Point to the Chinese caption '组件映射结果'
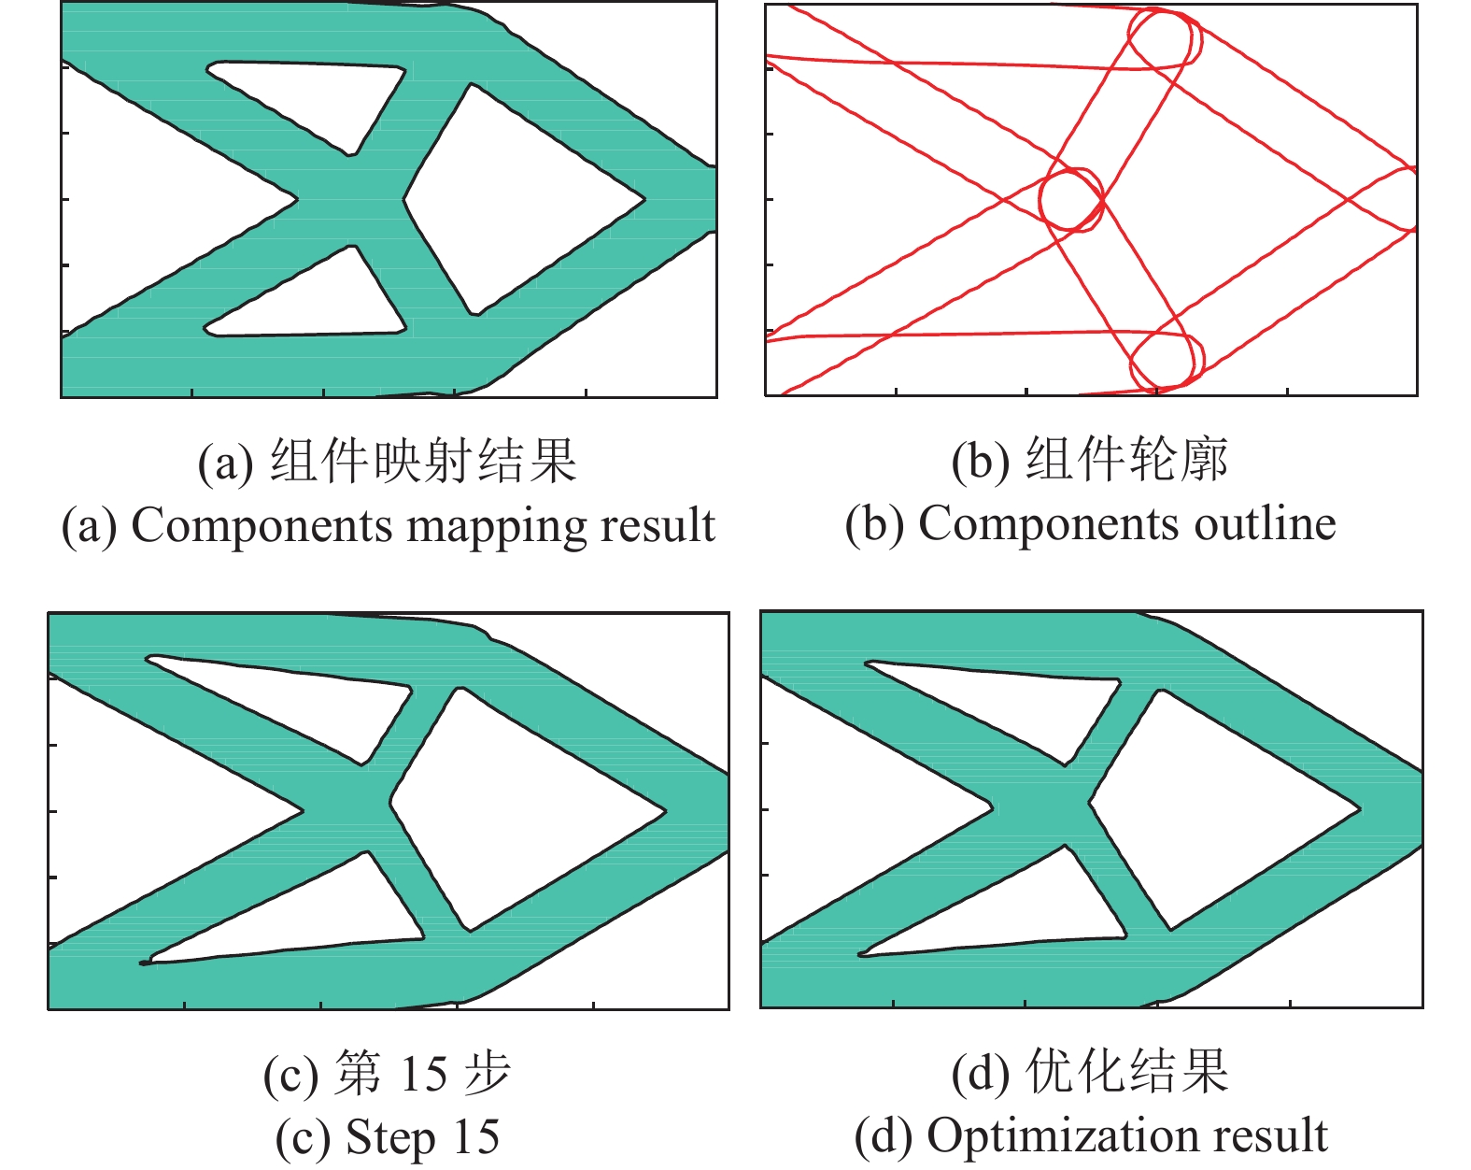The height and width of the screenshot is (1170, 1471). tap(424, 461)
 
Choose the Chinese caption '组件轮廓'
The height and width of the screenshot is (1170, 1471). tap(1126, 460)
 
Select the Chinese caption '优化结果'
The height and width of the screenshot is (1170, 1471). tap(1126, 1071)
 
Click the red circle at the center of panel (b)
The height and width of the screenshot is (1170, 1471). tap(1071, 199)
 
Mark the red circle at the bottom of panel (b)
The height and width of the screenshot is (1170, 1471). tap(1166, 360)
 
